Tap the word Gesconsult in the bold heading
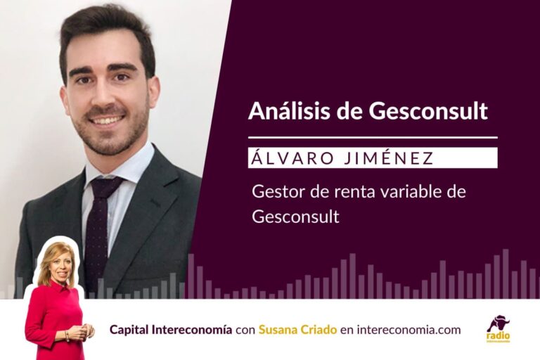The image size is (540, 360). pyautogui.click(x=428, y=110)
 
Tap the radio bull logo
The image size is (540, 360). pyautogui.click(x=499, y=328)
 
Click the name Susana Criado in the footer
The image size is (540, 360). pyautogui.click(x=297, y=330)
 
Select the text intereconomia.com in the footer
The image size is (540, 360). pyautogui.click(x=409, y=330)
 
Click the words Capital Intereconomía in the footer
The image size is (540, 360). pyautogui.click(x=171, y=330)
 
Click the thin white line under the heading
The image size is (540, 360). pyautogui.click(x=373, y=137)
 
